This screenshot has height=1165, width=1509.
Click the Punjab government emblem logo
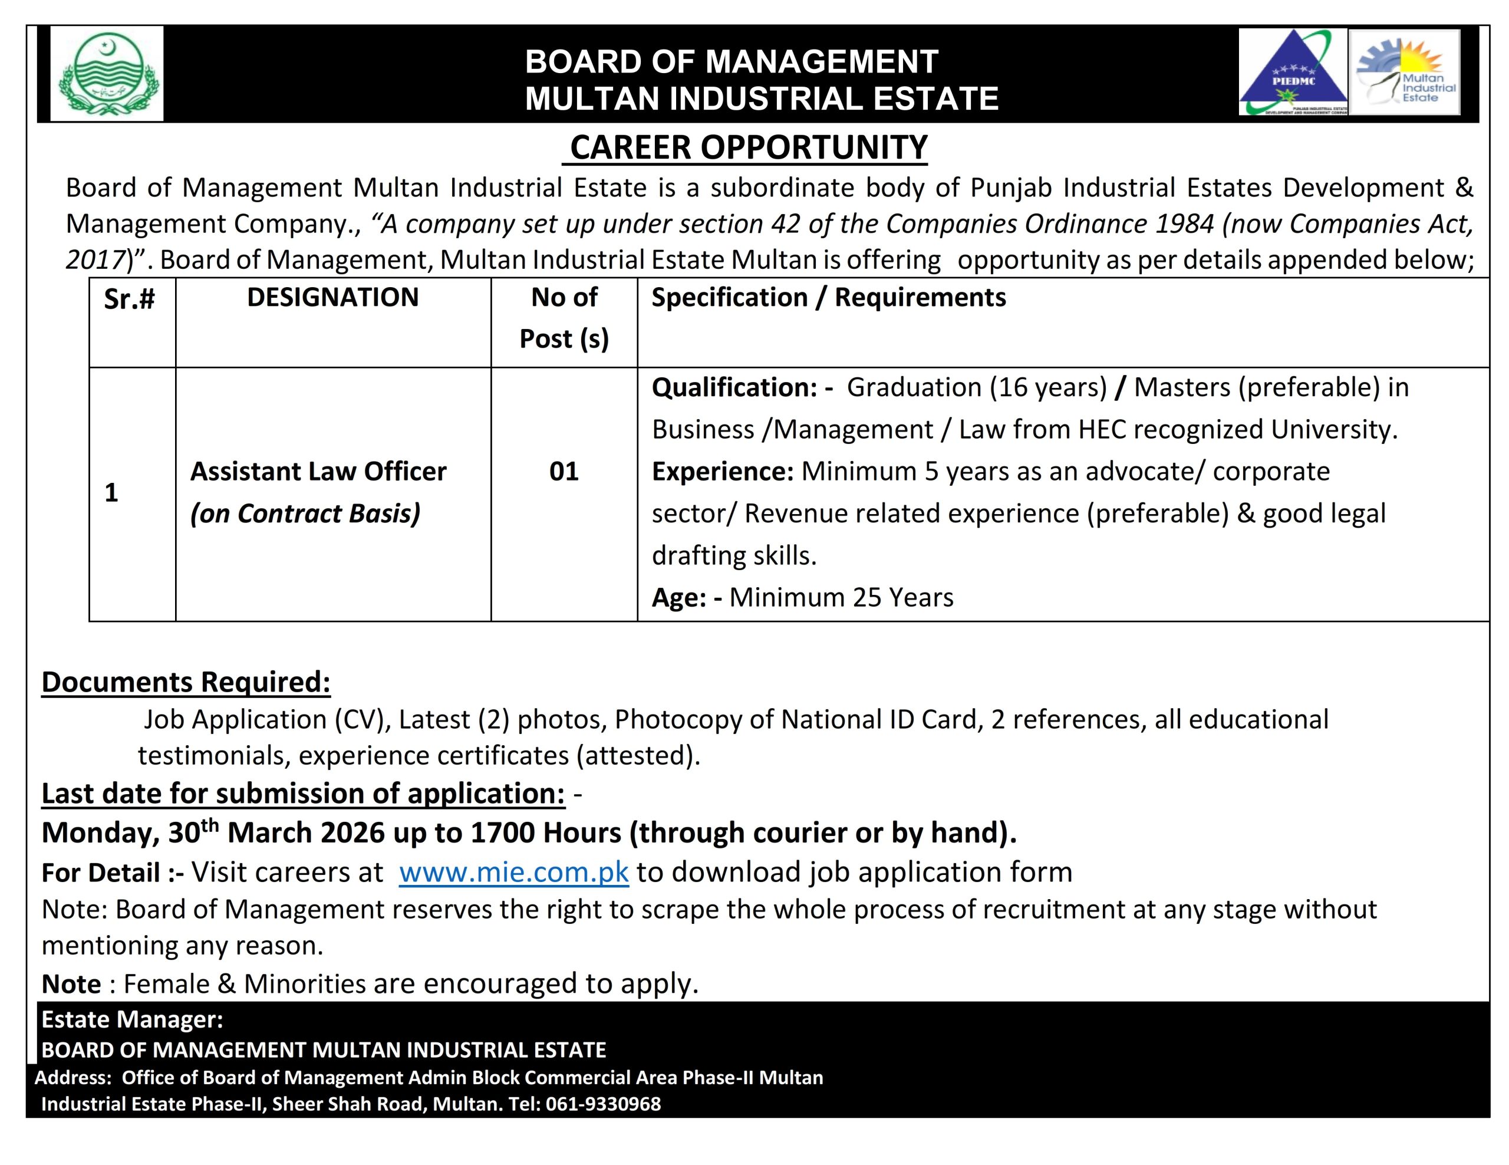click(x=107, y=74)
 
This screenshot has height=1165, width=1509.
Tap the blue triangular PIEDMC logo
click(x=1292, y=73)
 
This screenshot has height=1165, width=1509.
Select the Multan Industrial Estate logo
click(x=1404, y=73)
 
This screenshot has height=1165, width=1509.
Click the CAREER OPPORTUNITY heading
click(x=748, y=147)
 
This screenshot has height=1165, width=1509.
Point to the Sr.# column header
click(x=129, y=299)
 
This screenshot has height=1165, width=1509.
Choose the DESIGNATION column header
click(x=333, y=297)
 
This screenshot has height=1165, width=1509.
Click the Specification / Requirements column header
click(x=828, y=297)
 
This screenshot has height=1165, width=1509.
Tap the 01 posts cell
click(x=564, y=471)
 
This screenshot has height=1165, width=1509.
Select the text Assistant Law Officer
click(x=318, y=471)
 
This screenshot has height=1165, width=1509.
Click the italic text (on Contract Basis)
click(x=305, y=514)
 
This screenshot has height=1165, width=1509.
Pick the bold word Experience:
click(x=723, y=471)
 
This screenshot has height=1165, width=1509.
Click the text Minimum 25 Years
click(x=841, y=598)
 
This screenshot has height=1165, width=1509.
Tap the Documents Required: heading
click(x=186, y=682)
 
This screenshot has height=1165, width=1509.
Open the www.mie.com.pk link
click(x=513, y=872)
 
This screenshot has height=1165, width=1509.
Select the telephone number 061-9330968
click(x=603, y=1104)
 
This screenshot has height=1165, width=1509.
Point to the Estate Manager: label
click(x=132, y=1019)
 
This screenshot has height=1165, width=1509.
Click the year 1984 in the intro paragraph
click(x=1179, y=224)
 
